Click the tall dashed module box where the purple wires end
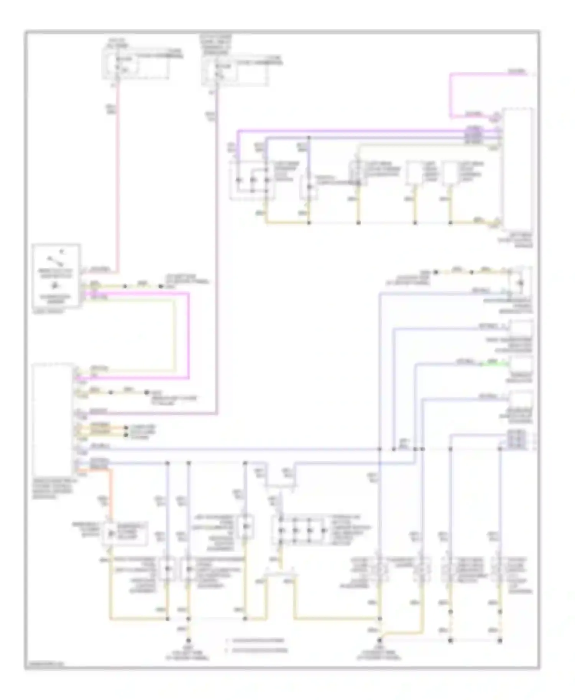[x=517, y=168]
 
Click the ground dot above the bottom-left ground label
[x=188, y=640]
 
